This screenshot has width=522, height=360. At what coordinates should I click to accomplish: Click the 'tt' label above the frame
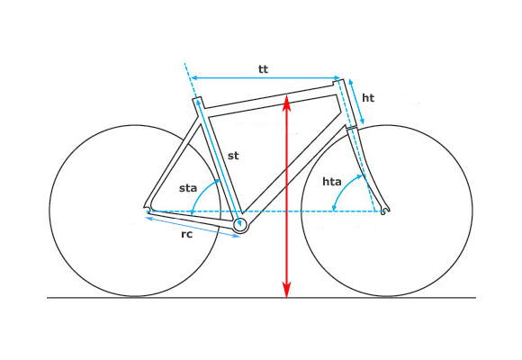click(263, 69)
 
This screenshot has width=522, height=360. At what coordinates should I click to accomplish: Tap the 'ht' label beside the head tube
click(368, 98)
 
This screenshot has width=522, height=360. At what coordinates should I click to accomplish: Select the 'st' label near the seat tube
click(233, 156)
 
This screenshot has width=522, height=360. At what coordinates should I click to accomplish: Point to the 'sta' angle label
click(188, 188)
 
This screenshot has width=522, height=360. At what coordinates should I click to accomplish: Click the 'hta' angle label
click(332, 182)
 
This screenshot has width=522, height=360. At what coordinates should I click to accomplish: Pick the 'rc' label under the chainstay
click(187, 234)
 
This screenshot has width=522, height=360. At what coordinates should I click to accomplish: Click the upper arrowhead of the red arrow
click(286, 103)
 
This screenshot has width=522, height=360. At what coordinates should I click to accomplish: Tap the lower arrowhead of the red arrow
click(286, 290)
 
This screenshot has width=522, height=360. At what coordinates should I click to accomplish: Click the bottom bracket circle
click(240, 226)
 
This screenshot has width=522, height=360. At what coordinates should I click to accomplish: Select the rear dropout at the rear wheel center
click(147, 208)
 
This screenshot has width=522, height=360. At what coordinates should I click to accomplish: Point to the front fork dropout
click(385, 210)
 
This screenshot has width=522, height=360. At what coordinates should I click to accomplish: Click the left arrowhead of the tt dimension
click(194, 77)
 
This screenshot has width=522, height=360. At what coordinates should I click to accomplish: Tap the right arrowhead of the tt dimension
click(337, 77)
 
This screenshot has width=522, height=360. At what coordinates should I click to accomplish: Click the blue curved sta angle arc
click(201, 193)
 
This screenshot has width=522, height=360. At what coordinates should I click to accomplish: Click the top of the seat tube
click(197, 98)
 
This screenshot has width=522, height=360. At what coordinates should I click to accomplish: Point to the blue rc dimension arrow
click(193, 227)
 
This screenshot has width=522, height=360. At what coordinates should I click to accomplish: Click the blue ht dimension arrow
click(356, 102)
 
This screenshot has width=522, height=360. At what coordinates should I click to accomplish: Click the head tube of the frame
click(346, 103)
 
